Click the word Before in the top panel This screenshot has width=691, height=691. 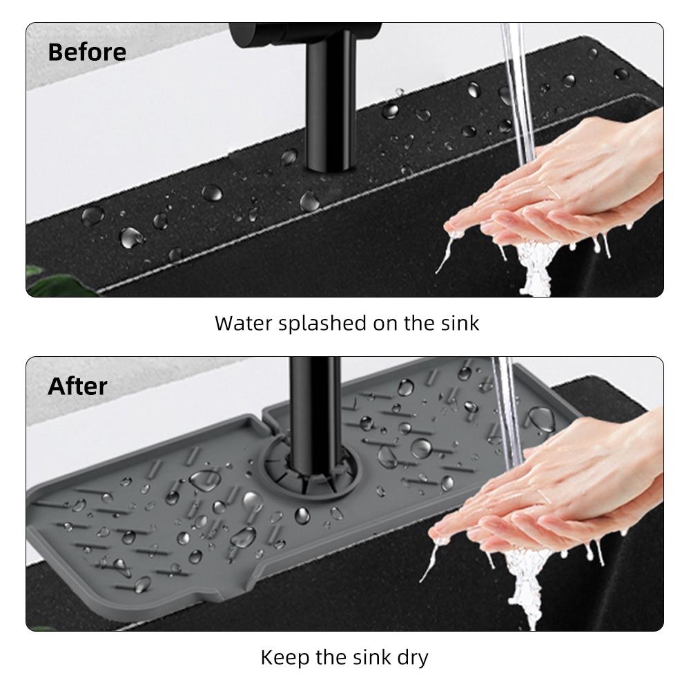87,52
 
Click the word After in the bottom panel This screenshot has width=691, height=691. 77,387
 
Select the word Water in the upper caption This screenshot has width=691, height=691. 244,323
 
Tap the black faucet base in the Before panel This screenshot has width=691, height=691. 329,105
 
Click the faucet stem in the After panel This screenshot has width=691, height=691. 314,418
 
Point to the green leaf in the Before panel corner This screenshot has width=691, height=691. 57,282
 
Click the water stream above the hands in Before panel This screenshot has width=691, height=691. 518,88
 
